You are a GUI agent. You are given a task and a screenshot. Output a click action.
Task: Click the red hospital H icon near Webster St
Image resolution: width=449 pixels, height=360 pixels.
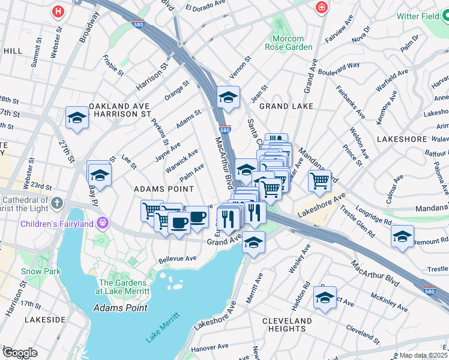pos(58,11)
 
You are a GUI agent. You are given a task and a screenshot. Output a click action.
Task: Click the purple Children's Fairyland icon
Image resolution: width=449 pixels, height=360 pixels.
pos(103,223)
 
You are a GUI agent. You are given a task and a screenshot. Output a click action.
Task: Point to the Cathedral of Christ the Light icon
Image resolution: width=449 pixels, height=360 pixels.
pos(56,202)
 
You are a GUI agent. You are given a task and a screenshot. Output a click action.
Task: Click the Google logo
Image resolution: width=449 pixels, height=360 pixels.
pos(20,352)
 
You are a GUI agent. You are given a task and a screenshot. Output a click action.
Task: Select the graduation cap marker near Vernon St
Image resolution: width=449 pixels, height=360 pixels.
pos(228,97)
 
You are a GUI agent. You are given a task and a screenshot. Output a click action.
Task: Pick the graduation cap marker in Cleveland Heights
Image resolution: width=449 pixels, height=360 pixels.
pos(325,298)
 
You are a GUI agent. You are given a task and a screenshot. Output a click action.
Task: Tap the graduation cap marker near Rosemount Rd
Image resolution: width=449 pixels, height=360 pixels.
pos(402,236)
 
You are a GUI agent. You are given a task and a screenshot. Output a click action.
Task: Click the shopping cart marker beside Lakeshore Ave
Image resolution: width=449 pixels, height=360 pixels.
pos(320,180)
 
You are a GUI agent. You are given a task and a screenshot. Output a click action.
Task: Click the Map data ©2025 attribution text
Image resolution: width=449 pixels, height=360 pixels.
pos(423,355)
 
